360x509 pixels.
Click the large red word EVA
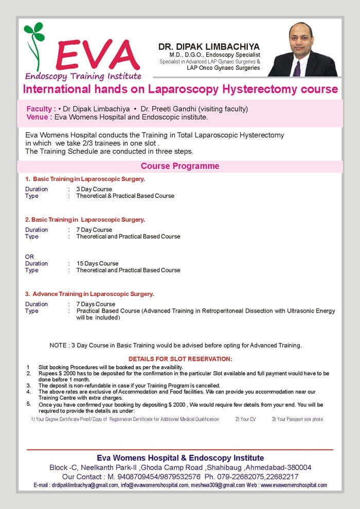point(98,54)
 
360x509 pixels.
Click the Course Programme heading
point(180,166)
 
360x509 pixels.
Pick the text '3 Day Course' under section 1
point(94,189)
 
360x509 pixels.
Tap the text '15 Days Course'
point(97,264)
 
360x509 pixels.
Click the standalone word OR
point(29,257)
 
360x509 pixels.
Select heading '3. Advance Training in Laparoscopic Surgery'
point(90,294)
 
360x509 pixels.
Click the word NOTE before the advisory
point(59,345)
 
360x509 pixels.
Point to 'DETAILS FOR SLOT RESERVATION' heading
point(180,358)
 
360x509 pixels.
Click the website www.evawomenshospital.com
point(294,485)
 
